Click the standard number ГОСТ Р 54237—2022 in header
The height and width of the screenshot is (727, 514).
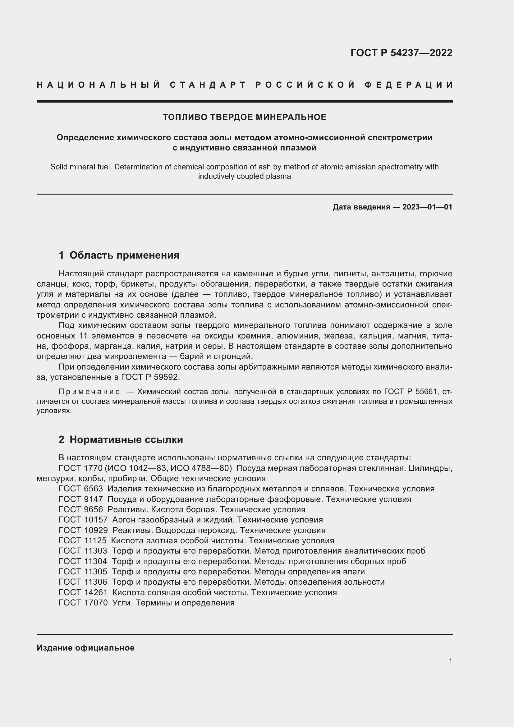point(401,53)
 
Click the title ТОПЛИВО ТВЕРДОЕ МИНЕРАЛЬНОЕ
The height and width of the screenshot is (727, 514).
point(244,117)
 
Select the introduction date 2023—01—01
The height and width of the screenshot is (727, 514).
point(427,207)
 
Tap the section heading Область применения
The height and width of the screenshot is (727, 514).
point(124,255)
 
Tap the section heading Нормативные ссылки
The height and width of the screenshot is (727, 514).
point(126,439)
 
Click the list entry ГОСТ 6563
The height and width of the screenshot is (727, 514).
point(81,489)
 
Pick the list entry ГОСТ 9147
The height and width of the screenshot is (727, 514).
point(81,499)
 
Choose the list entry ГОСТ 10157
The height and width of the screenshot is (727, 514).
point(83,520)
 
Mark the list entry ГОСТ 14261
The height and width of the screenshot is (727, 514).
point(83,592)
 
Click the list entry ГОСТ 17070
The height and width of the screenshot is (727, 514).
point(83,603)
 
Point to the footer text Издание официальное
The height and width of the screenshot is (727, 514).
point(85,648)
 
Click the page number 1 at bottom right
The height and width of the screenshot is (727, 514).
point(450,661)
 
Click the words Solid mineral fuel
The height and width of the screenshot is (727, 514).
point(81,167)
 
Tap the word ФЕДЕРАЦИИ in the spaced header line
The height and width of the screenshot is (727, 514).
point(408,85)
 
